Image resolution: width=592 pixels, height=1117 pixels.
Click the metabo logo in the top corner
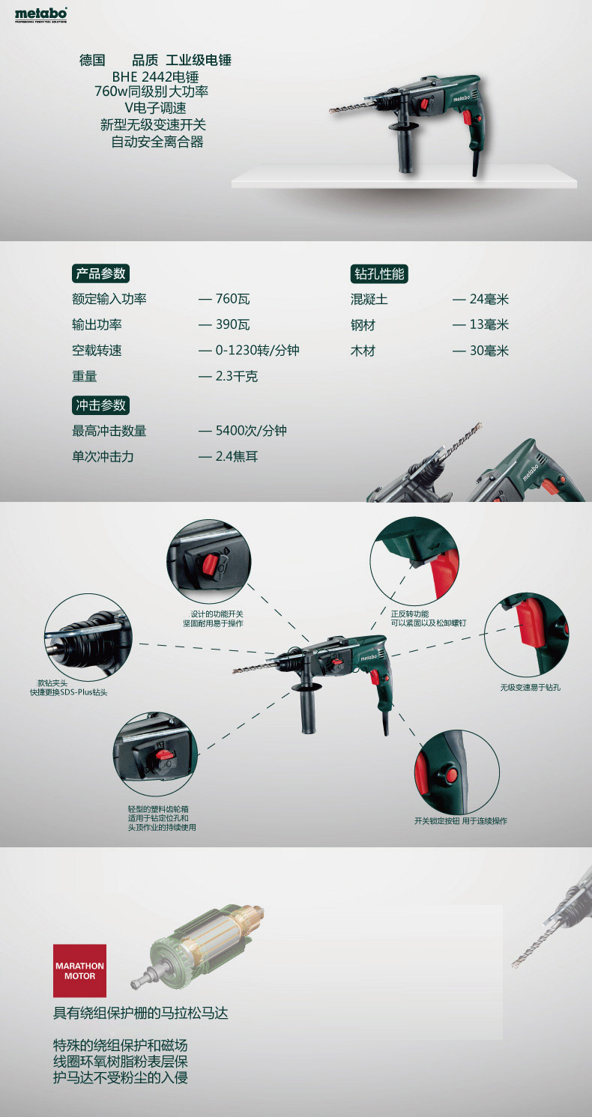coord(40,15)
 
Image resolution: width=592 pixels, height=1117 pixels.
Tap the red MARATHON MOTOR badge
coord(79,970)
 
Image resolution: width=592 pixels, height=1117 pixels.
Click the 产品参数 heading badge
coord(100,273)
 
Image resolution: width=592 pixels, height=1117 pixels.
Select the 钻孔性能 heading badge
coord(379,273)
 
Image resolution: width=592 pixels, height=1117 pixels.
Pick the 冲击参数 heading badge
coord(100,405)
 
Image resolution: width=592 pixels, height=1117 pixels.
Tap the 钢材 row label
coord(363,325)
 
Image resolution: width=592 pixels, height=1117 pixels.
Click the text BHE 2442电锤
coord(155,77)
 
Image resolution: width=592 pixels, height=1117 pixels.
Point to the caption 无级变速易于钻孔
coord(530,687)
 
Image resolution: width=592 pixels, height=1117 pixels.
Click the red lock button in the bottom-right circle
coord(451,775)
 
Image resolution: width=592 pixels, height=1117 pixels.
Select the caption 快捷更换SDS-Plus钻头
coord(68,692)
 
